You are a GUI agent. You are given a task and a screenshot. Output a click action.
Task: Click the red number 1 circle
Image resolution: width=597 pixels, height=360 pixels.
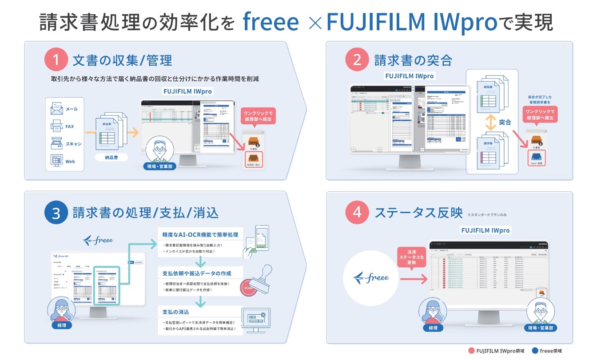[56, 59]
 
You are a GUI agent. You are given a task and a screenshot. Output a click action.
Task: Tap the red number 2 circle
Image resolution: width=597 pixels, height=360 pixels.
[357, 59]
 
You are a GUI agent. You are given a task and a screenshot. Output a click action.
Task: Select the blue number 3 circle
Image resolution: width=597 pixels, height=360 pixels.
[56, 214]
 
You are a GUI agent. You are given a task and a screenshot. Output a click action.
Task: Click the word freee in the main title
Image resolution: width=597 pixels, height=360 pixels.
[271, 23]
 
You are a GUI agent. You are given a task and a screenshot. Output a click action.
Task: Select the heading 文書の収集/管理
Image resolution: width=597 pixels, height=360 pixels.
[122, 60]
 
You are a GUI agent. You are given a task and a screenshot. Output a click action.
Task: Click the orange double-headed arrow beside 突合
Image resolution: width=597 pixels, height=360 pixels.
[490, 123]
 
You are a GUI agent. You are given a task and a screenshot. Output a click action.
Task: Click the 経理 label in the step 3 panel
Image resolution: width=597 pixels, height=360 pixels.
[62, 325]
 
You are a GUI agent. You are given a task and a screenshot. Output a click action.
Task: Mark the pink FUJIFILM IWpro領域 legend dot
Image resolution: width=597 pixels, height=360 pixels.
[471, 351]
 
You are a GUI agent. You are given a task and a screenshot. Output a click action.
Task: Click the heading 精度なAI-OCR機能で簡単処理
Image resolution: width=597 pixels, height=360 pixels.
[200, 234]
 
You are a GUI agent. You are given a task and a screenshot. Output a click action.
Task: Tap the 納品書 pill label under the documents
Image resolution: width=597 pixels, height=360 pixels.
[111, 157]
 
